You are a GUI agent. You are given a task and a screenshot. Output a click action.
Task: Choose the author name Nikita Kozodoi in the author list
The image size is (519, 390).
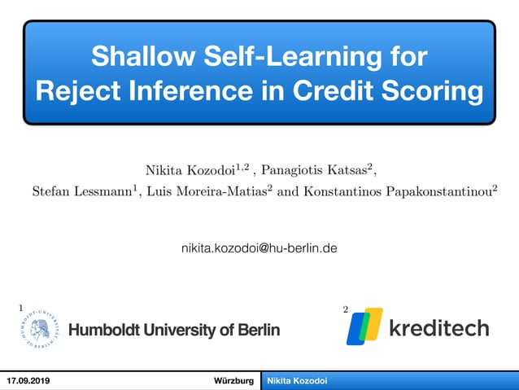[x=186, y=169]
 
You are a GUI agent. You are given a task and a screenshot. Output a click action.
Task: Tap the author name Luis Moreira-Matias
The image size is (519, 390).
[x=212, y=192]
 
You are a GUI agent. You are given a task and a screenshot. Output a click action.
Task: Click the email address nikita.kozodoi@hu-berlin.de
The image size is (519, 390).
[x=259, y=245]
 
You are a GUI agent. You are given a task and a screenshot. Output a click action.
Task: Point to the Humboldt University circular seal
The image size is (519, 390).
[x=40, y=329]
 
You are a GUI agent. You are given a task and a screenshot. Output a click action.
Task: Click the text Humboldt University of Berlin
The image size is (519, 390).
[x=174, y=330]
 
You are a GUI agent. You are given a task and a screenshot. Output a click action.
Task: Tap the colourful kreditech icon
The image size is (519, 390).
[x=364, y=326]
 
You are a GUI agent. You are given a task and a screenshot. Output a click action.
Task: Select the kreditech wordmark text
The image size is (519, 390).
[x=438, y=328]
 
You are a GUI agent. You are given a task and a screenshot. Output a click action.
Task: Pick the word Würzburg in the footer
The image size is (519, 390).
[x=233, y=381]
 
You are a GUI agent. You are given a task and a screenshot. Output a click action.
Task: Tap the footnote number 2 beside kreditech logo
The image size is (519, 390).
[x=346, y=310]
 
